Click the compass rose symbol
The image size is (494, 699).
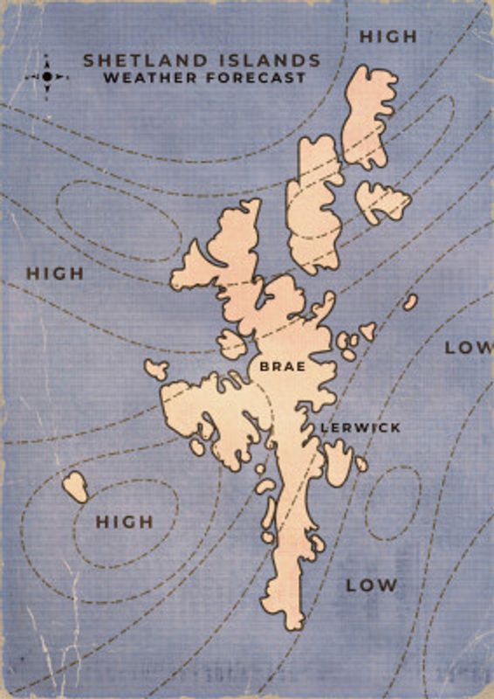(x=47, y=76)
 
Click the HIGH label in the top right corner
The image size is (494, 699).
(x=388, y=37)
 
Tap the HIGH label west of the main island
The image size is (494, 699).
(x=55, y=273)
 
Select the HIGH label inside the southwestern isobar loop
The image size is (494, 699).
(x=124, y=522)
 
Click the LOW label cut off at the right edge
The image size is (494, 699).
(x=468, y=347)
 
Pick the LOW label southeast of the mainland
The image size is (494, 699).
(x=371, y=585)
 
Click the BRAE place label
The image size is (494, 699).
(x=283, y=367)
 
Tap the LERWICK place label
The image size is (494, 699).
(x=360, y=427)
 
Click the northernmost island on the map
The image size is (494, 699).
(x=367, y=114)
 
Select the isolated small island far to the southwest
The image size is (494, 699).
(x=75, y=486)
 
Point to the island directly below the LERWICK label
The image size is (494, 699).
(x=338, y=460)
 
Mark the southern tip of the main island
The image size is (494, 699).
(x=292, y=619)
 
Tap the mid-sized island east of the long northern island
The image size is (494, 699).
(x=382, y=202)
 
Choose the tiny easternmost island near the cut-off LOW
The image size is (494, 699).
(x=410, y=301)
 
